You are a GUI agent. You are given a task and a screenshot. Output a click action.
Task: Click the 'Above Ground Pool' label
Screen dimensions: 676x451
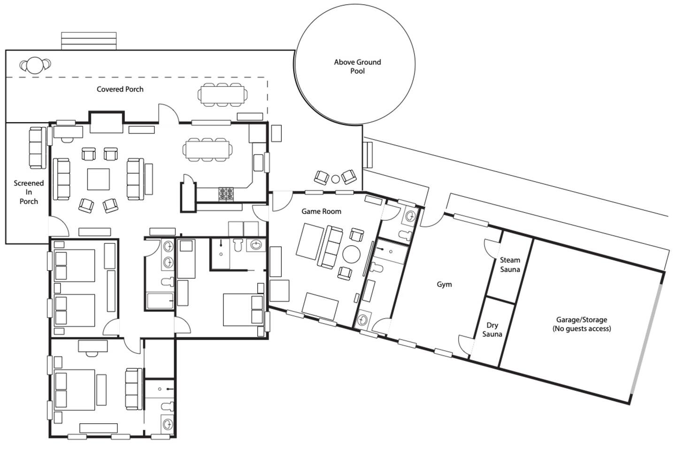357,66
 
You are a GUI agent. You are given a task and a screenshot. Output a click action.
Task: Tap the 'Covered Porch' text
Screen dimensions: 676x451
120,89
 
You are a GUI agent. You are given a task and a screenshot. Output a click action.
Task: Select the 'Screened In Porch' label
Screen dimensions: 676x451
29,192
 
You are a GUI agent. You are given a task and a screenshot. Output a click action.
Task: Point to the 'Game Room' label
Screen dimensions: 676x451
322,211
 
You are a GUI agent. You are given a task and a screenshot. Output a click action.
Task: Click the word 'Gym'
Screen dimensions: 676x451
444,284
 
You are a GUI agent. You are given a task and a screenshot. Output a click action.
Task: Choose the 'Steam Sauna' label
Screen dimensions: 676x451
510,264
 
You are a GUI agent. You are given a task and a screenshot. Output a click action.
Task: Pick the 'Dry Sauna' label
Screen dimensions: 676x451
492,330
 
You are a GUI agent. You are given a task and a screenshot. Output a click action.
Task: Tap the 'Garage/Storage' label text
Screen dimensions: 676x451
582,319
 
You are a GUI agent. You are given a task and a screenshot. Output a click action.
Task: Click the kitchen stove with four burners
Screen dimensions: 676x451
226,194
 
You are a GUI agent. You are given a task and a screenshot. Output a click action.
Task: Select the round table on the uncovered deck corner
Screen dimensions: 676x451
35,65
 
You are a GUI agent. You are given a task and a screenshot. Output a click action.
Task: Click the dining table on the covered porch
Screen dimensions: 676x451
223,95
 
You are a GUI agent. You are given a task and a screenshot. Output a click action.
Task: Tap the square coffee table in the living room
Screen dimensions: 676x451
99,179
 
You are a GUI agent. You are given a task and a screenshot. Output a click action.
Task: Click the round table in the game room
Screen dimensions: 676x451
351,254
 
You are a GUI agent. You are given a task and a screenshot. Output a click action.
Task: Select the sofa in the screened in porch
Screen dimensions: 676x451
38,148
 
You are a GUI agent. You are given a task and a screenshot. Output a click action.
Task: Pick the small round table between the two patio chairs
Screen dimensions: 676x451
335,179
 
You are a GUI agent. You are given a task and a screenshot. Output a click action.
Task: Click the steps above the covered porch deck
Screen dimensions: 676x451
89,41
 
